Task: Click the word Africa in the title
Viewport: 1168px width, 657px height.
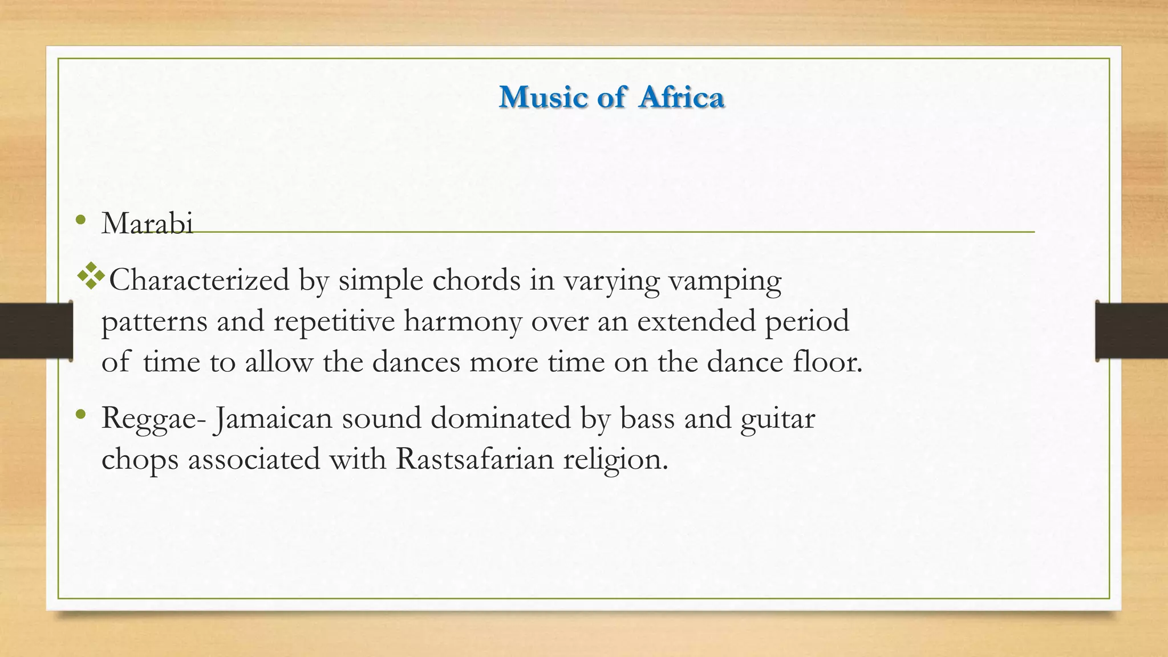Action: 682,97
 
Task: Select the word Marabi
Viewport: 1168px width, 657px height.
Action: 147,223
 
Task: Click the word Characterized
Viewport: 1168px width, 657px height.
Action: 199,280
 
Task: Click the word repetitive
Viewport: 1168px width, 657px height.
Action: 334,321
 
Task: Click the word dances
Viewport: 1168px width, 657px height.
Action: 416,362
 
